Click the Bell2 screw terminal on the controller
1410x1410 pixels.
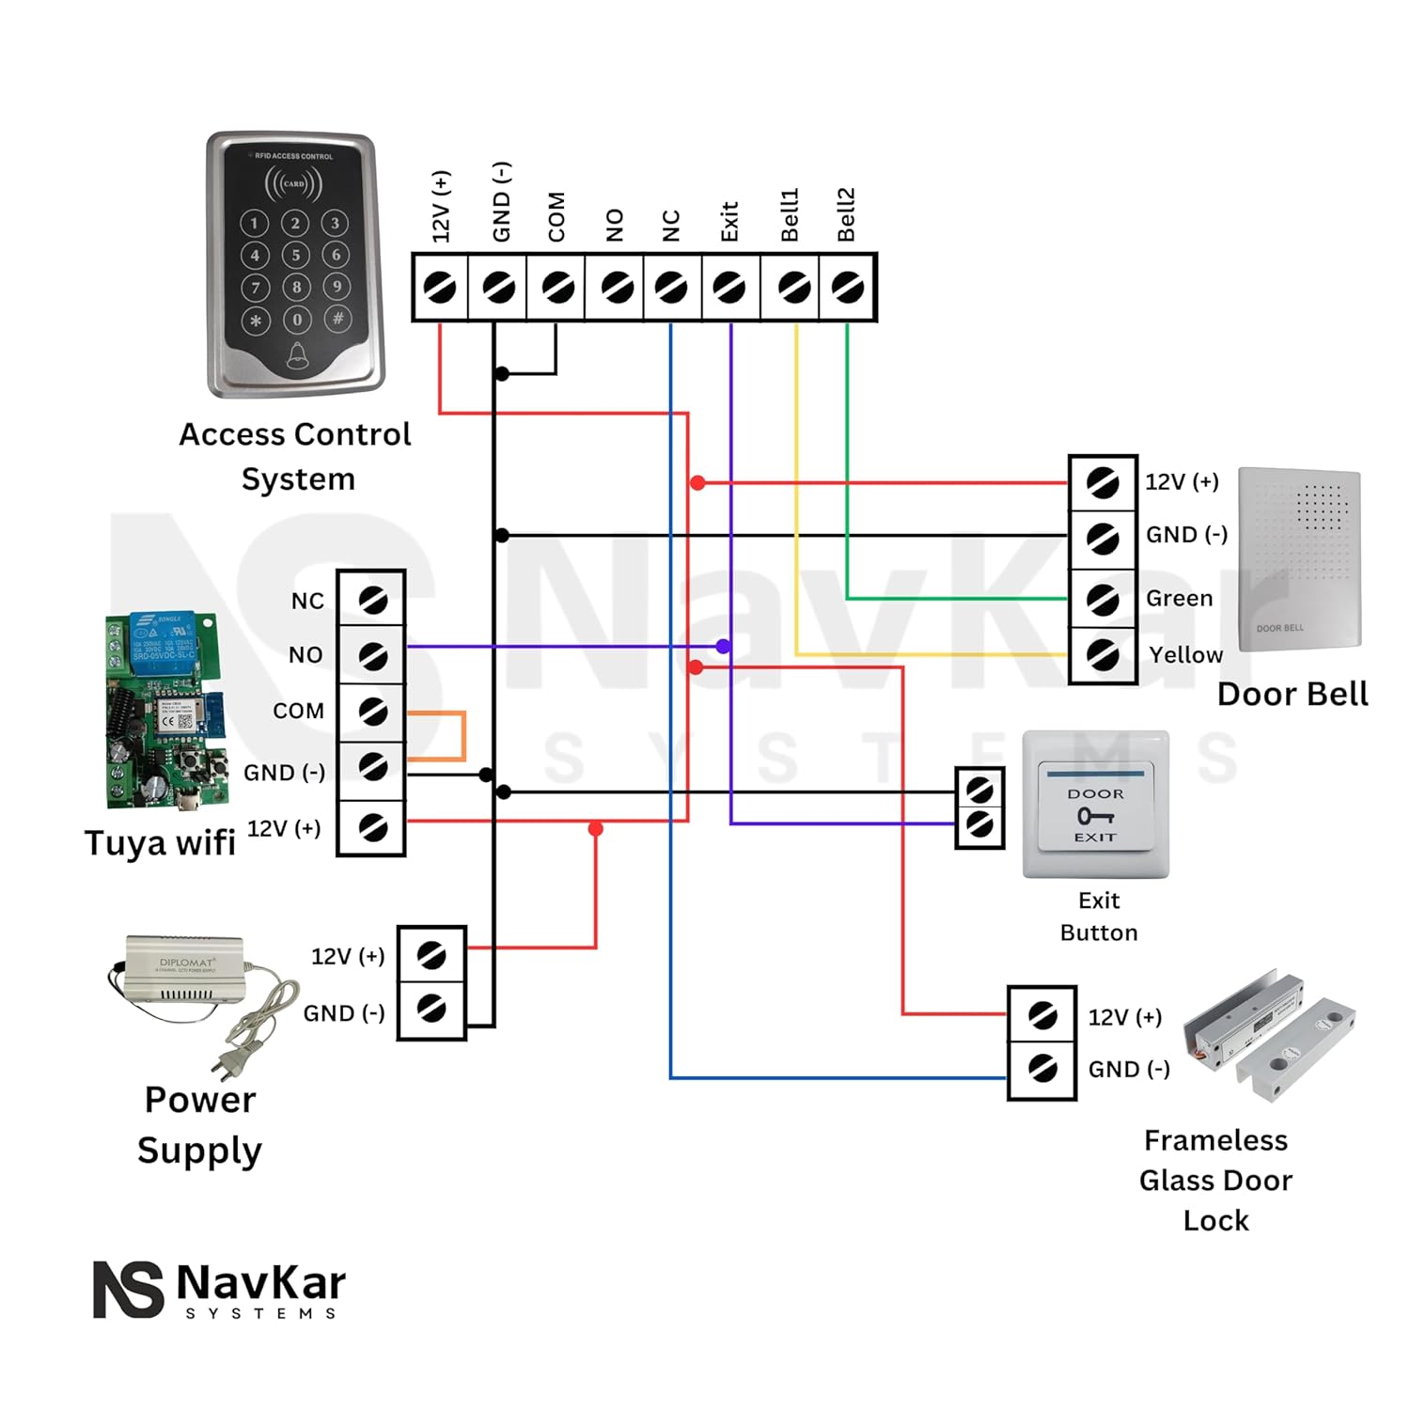point(848,288)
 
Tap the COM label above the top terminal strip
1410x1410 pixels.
point(556,217)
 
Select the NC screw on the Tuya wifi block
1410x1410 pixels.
point(372,600)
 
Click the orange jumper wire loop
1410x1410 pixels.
point(463,736)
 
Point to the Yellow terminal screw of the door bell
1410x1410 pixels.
point(1103,655)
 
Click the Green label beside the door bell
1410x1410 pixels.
point(1179,599)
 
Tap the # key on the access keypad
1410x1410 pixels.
point(337,318)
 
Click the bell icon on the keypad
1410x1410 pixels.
point(297,355)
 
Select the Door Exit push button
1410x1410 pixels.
point(1096,807)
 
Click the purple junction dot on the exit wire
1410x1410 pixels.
point(722,647)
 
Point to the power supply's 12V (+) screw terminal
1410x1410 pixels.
point(431,956)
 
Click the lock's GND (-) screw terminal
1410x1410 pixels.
point(1042,1069)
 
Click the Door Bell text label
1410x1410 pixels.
point(1292,695)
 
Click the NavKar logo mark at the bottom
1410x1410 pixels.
point(128,1289)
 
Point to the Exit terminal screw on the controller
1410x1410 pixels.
point(729,288)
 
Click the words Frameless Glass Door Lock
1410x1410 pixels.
point(1215,1181)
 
